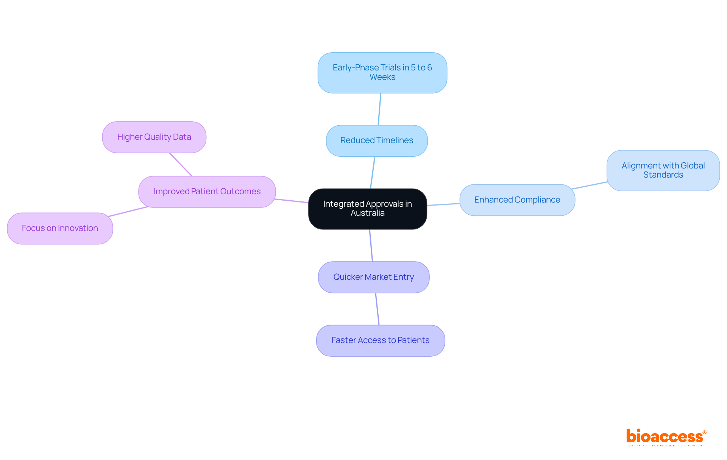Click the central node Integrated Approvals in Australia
(367, 209)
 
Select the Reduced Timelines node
(377, 140)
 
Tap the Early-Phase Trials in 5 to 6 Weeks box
(382, 72)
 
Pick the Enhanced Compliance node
(517, 200)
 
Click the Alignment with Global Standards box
(663, 170)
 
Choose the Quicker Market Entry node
(373, 277)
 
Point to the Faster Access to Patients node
(380, 340)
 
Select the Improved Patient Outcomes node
(207, 192)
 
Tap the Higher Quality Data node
(154, 137)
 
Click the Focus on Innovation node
(60, 228)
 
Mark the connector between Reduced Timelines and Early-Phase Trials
(379, 109)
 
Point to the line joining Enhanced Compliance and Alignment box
(590, 186)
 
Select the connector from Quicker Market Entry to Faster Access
(377, 309)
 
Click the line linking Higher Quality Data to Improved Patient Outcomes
(181, 164)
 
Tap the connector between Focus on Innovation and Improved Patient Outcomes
(128, 212)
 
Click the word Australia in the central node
(367, 213)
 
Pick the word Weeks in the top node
(382, 77)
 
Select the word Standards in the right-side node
(663, 175)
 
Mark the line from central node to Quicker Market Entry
(371, 245)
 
